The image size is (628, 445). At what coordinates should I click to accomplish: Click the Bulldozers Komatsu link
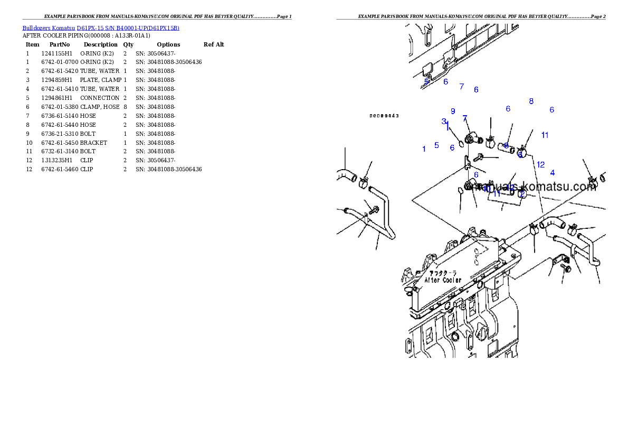101,28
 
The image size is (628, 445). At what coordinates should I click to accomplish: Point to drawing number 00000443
384,116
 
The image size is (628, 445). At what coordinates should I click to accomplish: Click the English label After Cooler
443,280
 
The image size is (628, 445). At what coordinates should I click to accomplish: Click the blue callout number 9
453,111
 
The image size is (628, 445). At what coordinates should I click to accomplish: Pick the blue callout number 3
444,121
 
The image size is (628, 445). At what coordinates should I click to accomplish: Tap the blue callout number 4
552,172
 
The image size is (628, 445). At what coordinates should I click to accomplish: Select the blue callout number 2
522,194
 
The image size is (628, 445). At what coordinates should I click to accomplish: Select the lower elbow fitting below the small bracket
470,186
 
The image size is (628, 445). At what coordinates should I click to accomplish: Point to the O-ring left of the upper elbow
460,144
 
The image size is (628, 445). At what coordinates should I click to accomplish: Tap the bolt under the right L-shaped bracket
566,268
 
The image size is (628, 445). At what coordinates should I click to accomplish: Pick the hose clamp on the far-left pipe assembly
363,182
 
